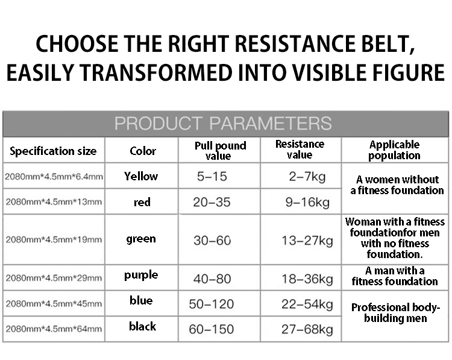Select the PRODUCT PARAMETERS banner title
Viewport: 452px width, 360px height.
coord(223,123)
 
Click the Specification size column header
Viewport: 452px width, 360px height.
coord(53,151)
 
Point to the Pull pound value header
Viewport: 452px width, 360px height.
coord(220,151)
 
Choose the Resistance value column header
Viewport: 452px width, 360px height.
coord(300,149)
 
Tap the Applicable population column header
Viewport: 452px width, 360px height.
coord(394,150)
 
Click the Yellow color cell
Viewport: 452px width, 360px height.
coord(141,176)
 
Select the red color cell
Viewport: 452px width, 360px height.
coord(142,202)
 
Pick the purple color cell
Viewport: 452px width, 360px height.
coord(141,275)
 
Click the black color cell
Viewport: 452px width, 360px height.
coord(142,326)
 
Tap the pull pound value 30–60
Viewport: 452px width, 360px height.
coord(212,240)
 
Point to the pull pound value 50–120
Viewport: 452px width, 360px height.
coord(212,304)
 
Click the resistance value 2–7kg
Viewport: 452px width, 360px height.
coord(307,176)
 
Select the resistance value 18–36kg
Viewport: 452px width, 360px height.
coord(307,279)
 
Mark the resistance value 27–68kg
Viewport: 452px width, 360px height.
coord(307,329)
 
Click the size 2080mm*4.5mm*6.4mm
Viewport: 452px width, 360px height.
coord(54,177)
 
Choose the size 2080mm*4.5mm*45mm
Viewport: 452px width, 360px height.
coord(54,304)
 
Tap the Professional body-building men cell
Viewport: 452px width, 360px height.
coord(395,313)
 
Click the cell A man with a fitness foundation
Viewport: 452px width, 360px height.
coord(395,276)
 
